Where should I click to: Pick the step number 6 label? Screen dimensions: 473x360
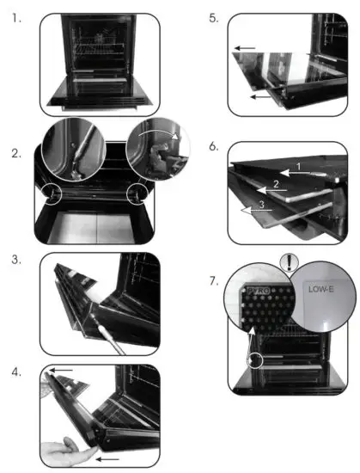[213, 147]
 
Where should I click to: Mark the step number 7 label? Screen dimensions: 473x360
[213, 279]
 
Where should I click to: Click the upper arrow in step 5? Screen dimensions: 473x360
[245, 49]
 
